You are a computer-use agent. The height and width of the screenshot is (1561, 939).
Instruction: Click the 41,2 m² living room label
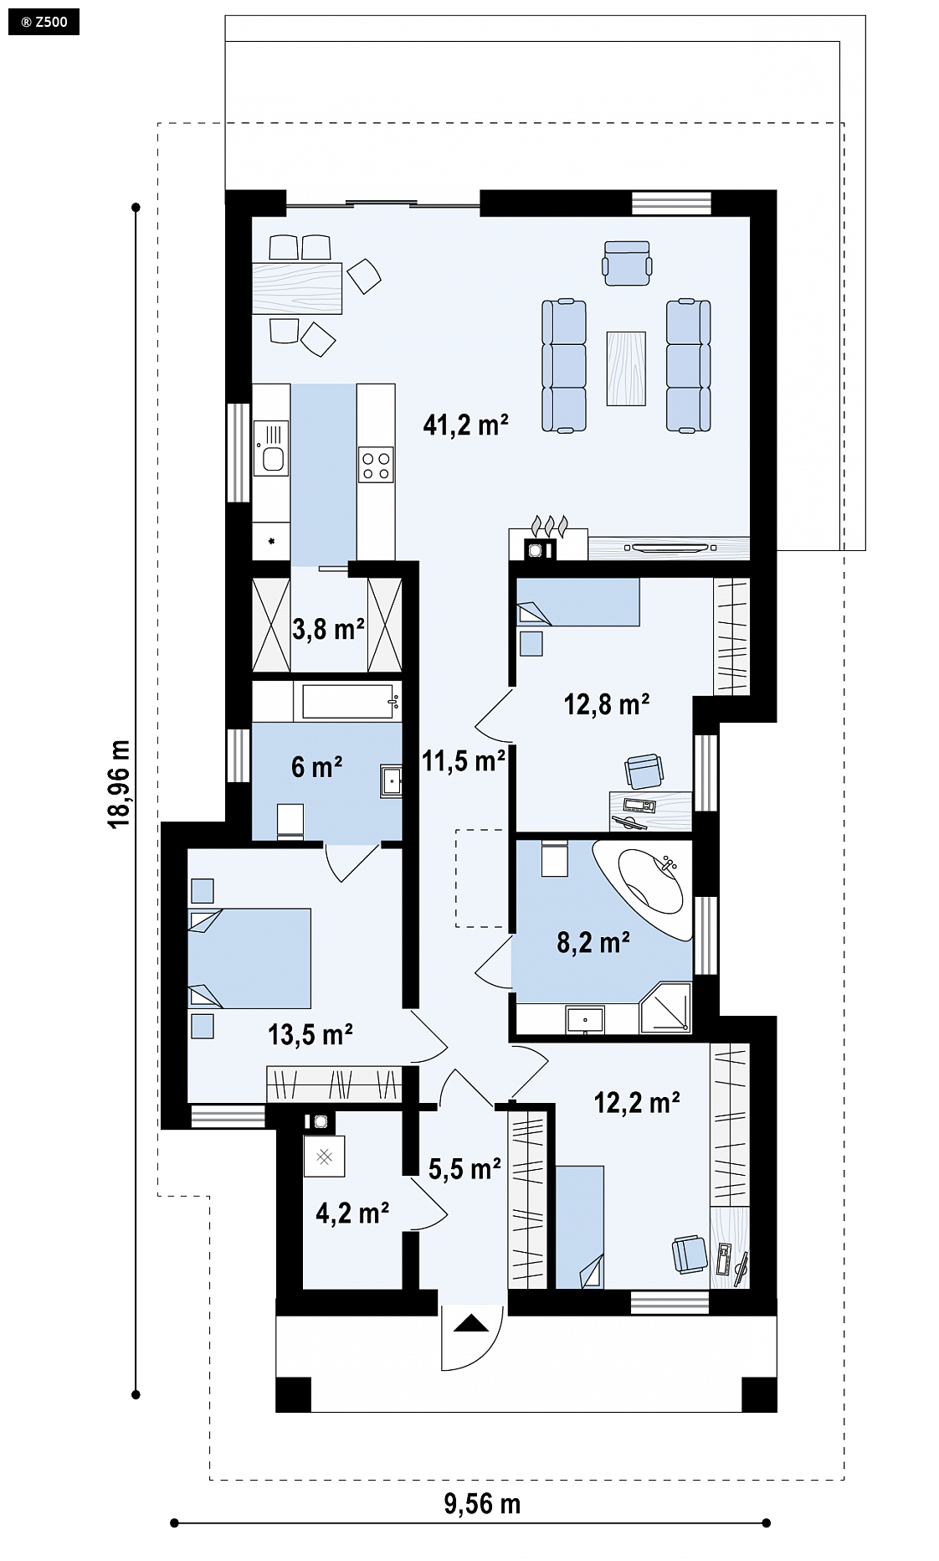click(466, 425)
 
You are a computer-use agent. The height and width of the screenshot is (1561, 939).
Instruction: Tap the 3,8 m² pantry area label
click(328, 629)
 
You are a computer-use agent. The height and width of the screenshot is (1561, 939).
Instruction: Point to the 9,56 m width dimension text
click(481, 1504)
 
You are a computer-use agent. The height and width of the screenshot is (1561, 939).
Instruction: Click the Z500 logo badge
click(44, 23)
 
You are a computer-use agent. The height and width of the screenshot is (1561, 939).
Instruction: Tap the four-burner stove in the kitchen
click(376, 465)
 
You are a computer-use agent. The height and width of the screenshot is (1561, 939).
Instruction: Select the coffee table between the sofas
click(627, 368)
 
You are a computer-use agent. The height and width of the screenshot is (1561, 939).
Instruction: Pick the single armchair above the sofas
click(627, 263)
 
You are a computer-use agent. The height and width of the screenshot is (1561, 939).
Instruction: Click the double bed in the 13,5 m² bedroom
click(249, 958)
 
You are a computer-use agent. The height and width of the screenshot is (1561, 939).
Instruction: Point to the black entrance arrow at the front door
click(471, 1323)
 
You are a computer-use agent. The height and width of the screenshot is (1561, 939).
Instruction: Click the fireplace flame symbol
click(550, 525)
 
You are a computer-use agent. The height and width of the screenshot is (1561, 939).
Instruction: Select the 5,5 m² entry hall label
click(464, 1169)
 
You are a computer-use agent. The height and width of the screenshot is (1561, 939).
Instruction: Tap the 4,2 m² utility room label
click(352, 1213)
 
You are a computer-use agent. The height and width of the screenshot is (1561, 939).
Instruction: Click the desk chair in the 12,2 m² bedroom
click(690, 1254)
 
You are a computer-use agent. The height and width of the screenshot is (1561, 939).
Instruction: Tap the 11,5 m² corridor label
click(463, 761)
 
